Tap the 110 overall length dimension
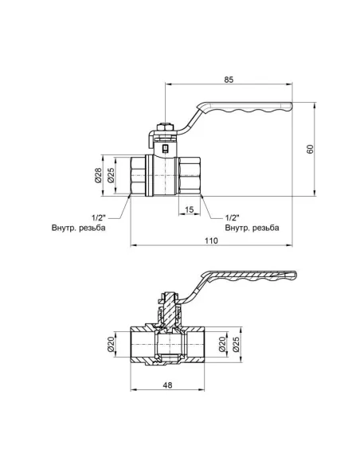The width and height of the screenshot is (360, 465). pyautogui.click(x=209, y=240)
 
